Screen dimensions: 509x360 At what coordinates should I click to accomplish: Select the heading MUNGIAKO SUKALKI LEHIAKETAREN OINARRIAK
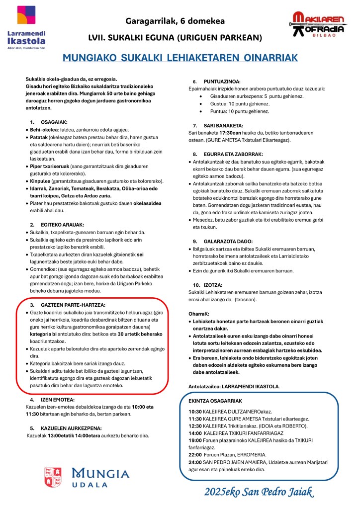(x=180, y=58)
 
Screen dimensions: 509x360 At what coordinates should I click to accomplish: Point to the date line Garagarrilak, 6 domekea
(x=175, y=21)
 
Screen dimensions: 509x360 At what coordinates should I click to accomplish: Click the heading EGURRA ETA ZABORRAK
(x=235, y=154)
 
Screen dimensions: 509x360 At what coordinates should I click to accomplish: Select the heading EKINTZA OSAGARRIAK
(x=215, y=400)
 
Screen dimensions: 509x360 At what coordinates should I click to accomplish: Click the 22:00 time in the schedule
(x=195, y=454)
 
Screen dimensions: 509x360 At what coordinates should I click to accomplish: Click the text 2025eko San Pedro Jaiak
(x=259, y=492)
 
